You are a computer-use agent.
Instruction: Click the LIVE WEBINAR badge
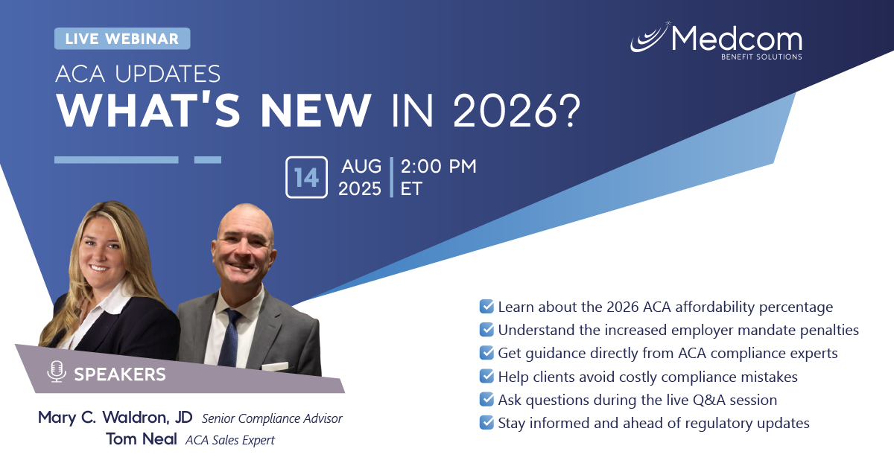click(x=122, y=39)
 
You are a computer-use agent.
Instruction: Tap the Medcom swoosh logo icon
click(x=650, y=38)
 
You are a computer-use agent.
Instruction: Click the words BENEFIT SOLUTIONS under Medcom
click(x=761, y=57)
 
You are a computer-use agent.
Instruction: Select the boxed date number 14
click(x=306, y=177)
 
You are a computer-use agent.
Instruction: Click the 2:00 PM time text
click(x=439, y=166)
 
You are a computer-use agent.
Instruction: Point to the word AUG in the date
click(x=361, y=166)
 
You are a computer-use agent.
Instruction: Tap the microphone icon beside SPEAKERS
click(x=57, y=371)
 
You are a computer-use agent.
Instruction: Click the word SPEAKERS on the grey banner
click(x=120, y=374)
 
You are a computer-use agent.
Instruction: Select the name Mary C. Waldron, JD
click(x=115, y=418)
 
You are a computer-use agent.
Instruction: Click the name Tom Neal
click(x=142, y=439)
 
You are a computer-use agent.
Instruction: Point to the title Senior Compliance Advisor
click(x=272, y=418)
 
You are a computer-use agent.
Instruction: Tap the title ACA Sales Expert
click(x=230, y=440)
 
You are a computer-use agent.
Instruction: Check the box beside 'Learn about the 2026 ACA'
click(x=486, y=307)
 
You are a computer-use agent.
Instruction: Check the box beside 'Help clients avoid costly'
click(x=486, y=376)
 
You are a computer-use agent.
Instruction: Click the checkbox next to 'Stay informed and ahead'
click(x=486, y=422)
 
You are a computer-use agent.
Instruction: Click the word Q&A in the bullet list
click(x=708, y=400)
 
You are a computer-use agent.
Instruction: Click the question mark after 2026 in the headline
click(x=570, y=110)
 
